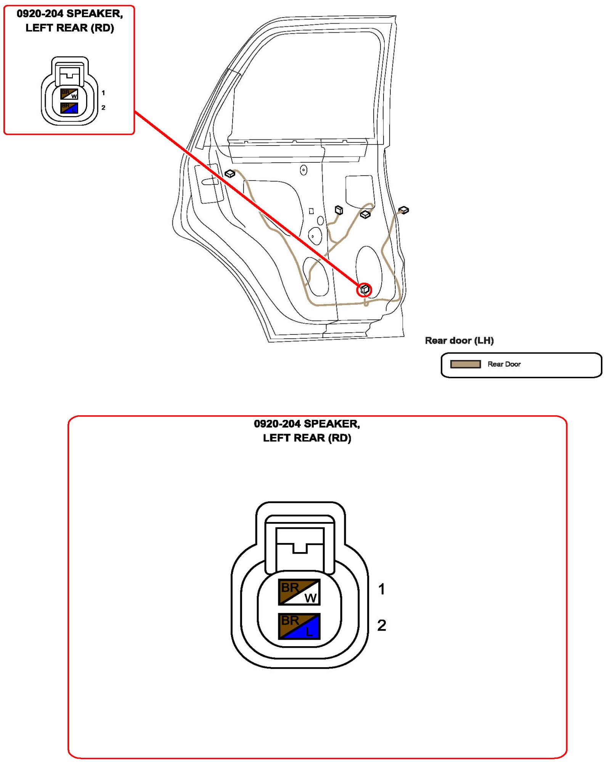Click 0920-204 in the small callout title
pyautogui.click(x=40, y=14)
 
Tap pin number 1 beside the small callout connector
pyautogui.click(x=103, y=93)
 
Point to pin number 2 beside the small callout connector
pyautogui.click(x=103, y=108)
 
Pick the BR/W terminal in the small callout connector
pyautogui.click(x=69, y=94)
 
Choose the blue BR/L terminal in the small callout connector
pyautogui.click(x=69, y=108)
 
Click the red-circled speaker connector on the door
pyautogui.click(x=364, y=290)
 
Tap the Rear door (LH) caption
pyautogui.click(x=459, y=341)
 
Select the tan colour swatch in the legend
pyautogui.click(x=465, y=364)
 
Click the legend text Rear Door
pyautogui.click(x=504, y=364)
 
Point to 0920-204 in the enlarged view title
pyautogui.click(x=277, y=424)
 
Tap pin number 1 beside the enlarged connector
pyautogui.click(x=382, y=589)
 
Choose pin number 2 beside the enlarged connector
pyautogui.click(x=382, y=625)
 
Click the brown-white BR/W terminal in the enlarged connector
pyautogui.click(x=299, y=592)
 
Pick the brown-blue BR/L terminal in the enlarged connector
pyautogui.click(x=299, y=626)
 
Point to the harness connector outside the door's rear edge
pyautogui.click(x=403, y=210)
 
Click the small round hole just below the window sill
pyautogui.click(x=303, y=170)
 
